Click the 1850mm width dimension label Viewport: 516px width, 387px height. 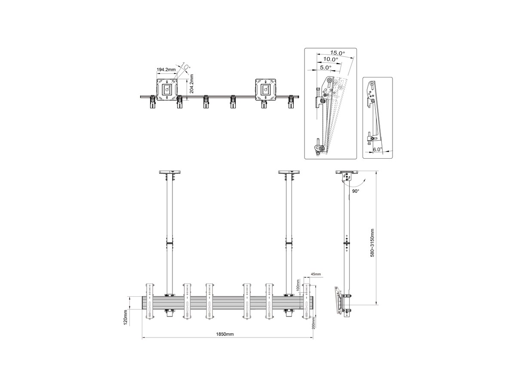[x=225, y=334]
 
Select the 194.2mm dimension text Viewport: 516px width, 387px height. [x=166, y=70]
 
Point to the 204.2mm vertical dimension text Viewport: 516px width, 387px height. [x=192, y=84]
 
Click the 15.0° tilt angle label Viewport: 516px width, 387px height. [x=338, y=52]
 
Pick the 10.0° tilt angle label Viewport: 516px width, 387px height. [x=331, y=59]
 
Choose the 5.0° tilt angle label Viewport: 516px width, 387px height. [x=326, y=68]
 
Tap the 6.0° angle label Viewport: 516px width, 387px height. [x=378, y=149]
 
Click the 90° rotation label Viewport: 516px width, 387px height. [x=356, y=191]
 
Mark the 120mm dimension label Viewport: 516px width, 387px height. [x=125, y=317]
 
